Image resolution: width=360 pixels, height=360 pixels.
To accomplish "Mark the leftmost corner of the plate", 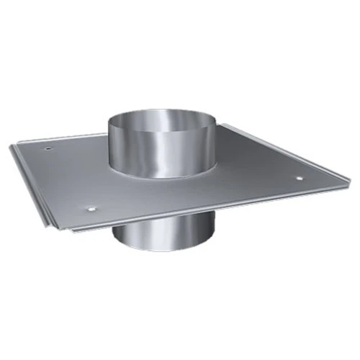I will point(11,148).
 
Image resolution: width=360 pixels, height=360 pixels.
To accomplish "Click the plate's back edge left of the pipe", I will point(72,139).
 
